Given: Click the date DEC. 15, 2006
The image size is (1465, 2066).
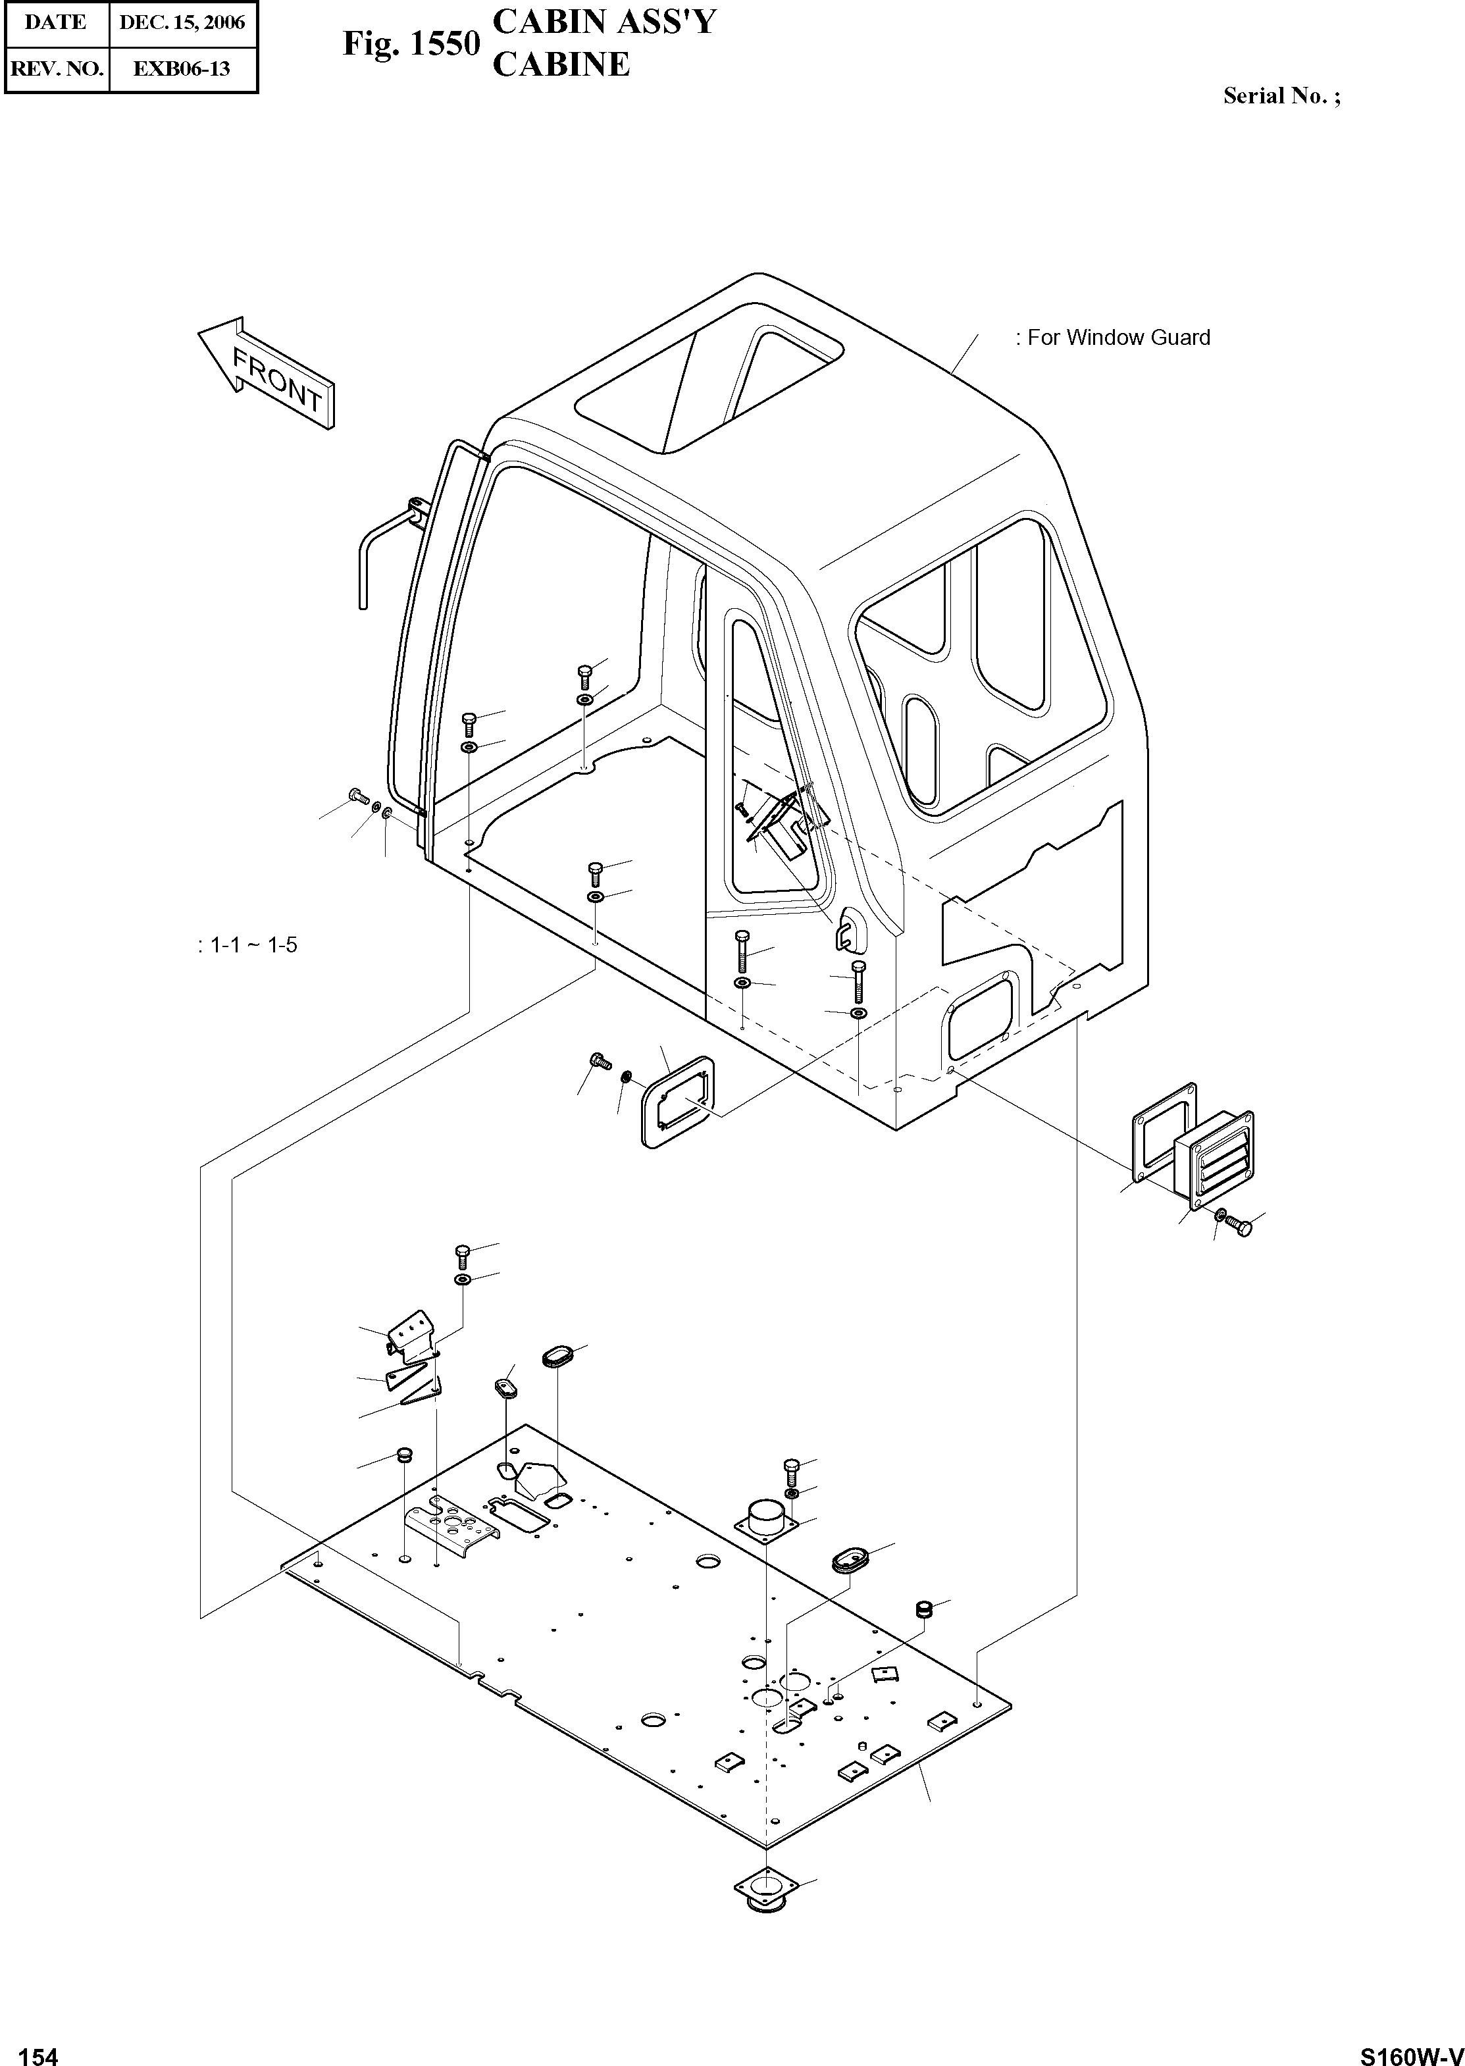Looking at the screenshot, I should pos(182,22).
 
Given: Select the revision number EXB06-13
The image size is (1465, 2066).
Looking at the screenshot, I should pos(182,68).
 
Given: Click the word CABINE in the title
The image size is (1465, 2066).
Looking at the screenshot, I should pos(561,64).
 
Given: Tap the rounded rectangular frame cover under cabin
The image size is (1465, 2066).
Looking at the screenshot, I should pos(679,1102).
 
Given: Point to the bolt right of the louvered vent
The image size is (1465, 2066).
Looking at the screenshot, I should pos(1241,1228).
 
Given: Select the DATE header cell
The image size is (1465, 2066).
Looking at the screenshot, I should pos(56,22).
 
